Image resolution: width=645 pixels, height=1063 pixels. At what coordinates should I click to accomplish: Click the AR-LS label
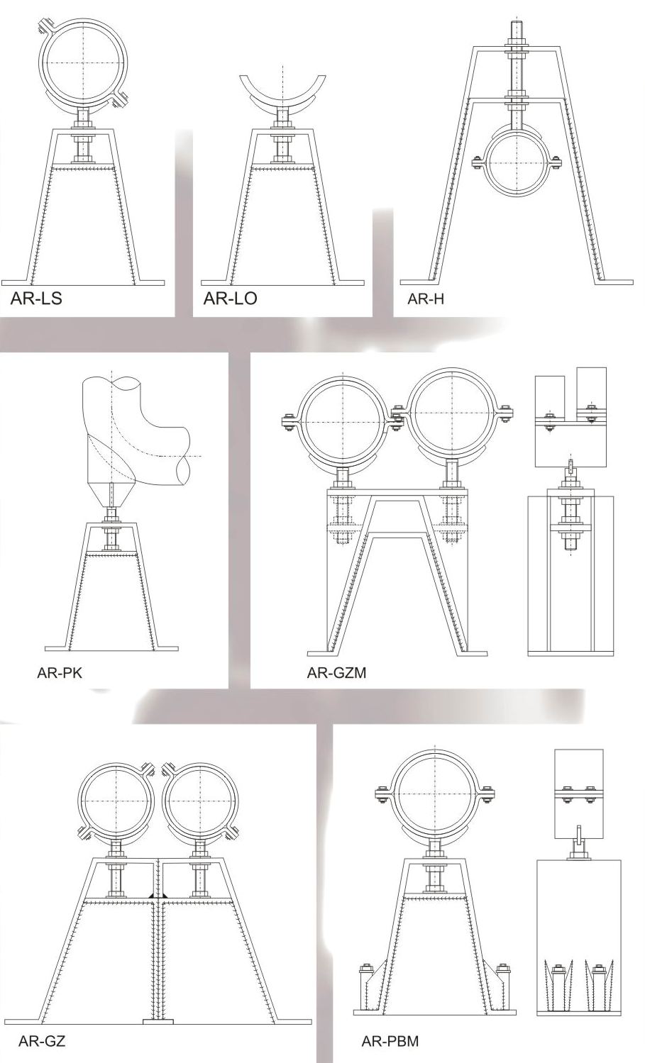tap(36, 299)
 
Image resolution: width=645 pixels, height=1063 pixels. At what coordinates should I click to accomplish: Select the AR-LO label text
tap(231, 299)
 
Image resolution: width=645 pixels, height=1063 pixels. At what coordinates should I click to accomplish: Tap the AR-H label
tap(426, 299)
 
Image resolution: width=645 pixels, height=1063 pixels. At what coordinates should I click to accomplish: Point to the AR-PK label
tap(60, 673)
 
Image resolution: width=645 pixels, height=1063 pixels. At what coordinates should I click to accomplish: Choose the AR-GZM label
tap(336, 673)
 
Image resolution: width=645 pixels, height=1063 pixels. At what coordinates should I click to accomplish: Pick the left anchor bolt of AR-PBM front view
tap(365, 978)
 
